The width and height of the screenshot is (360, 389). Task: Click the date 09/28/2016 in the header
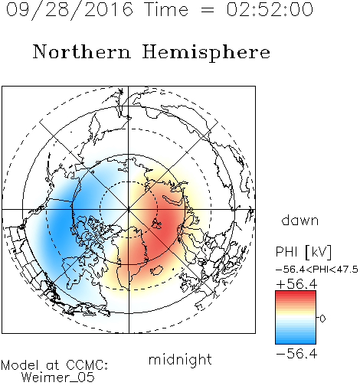[x=70, y=10]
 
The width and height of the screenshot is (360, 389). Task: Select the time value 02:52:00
[x=270, y=9]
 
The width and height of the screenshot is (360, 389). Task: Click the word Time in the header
[x=166, y=9]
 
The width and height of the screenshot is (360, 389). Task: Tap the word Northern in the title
[x=82, y=51]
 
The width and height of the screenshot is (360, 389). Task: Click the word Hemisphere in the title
[x=206, y=53]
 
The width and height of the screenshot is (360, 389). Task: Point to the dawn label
[x=299, y=220]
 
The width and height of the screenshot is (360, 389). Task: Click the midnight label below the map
[x=180, y=359]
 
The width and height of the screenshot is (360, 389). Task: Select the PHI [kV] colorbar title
[x=303, y=252]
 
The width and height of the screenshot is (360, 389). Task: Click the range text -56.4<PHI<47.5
[x=317, y=270]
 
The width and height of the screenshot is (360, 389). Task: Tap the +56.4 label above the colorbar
[x=296, y=284]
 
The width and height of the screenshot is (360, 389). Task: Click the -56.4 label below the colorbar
[x=296, y=354]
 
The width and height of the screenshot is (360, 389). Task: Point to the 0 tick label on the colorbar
[x=322, y=319]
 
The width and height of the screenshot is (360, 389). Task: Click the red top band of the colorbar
[x=296, y=295]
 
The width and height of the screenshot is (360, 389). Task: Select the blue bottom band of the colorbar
[x=296, y=339]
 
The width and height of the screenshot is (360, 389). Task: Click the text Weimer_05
[x=58, y=378]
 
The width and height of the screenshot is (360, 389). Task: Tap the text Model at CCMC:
[x=54, y=365]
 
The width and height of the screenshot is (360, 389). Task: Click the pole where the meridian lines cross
[x=129, y=209]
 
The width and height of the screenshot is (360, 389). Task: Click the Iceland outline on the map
[x=157, y=270]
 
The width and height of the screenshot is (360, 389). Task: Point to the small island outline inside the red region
[x=156, y=224]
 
